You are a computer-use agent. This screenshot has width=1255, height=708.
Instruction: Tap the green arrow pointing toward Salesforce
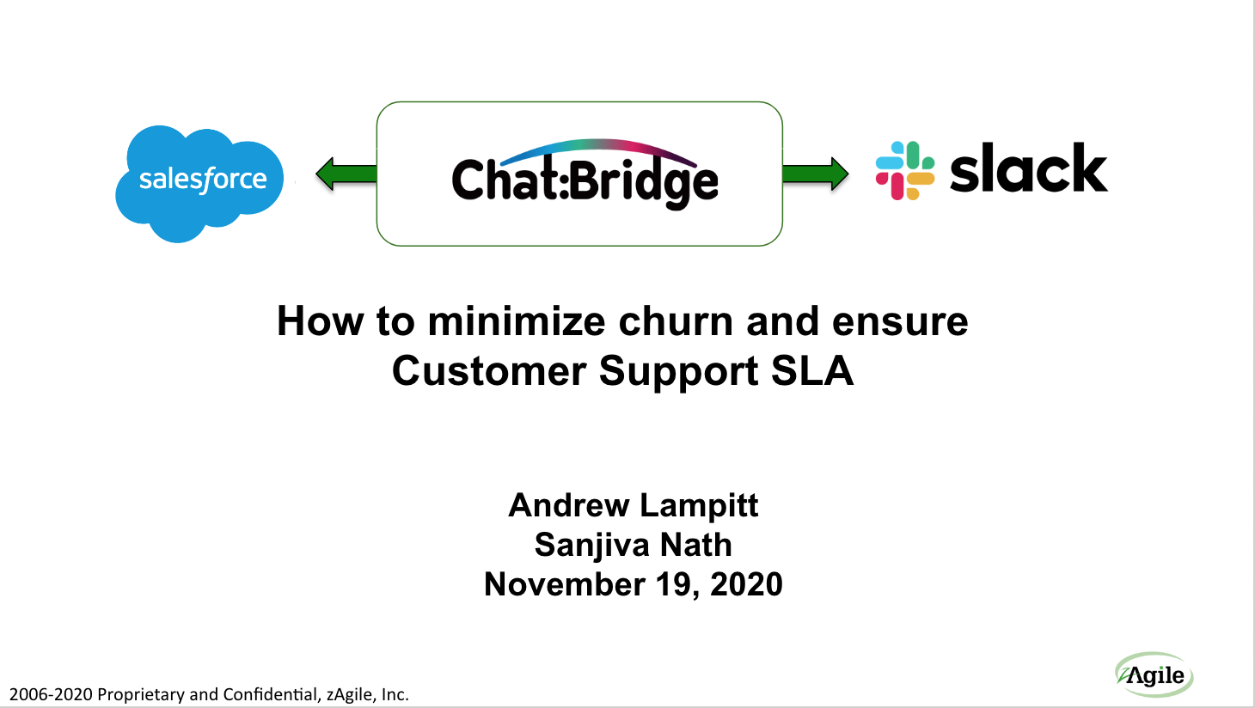346,174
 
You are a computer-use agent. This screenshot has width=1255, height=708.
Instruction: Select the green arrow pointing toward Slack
814,174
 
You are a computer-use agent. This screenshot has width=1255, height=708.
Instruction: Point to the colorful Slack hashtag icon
904,170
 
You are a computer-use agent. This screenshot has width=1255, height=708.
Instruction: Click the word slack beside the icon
1028,169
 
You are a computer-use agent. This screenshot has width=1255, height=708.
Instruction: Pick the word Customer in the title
489,371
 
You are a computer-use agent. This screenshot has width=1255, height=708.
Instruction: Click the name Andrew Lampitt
634,505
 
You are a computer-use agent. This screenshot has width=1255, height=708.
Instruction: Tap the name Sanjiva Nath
634,545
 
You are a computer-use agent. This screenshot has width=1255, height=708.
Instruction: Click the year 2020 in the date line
746,585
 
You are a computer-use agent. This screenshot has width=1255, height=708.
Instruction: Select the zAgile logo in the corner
1154,674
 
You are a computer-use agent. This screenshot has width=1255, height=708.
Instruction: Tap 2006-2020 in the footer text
51,694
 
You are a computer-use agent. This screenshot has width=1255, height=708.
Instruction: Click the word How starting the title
320,322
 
